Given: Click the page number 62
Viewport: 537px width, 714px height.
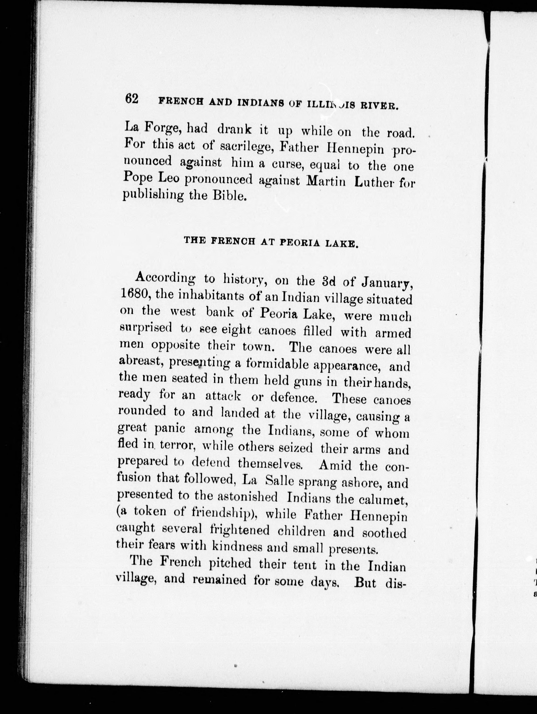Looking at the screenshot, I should click(x=132, y=99).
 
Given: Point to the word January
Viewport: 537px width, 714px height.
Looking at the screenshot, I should click(x=386, y=283).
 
